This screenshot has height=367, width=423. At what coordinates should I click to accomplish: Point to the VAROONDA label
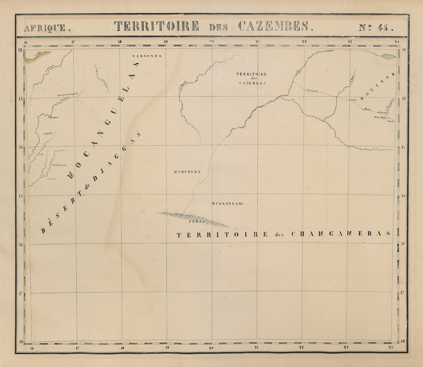click(x=147, y=56)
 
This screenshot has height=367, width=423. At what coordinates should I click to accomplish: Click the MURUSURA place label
click(x=187, y=172)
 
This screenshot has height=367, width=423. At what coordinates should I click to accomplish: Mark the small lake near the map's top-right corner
click(x=388, y=57)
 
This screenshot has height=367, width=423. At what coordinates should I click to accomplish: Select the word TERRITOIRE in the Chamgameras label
click(x=222, y=234)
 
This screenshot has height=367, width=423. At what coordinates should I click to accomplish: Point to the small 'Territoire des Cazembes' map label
click(x=252, y=78)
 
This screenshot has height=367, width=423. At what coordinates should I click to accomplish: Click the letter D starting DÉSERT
click(x=43, y=231)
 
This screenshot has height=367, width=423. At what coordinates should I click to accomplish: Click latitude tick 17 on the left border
click(x=20, y=293)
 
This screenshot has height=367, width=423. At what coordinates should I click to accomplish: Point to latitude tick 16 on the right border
click(x=403, y=244)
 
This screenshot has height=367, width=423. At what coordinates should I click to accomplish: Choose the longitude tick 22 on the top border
click(x=304, y=41)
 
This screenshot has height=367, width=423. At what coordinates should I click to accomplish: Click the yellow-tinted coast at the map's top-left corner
click(x=37, y=56)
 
